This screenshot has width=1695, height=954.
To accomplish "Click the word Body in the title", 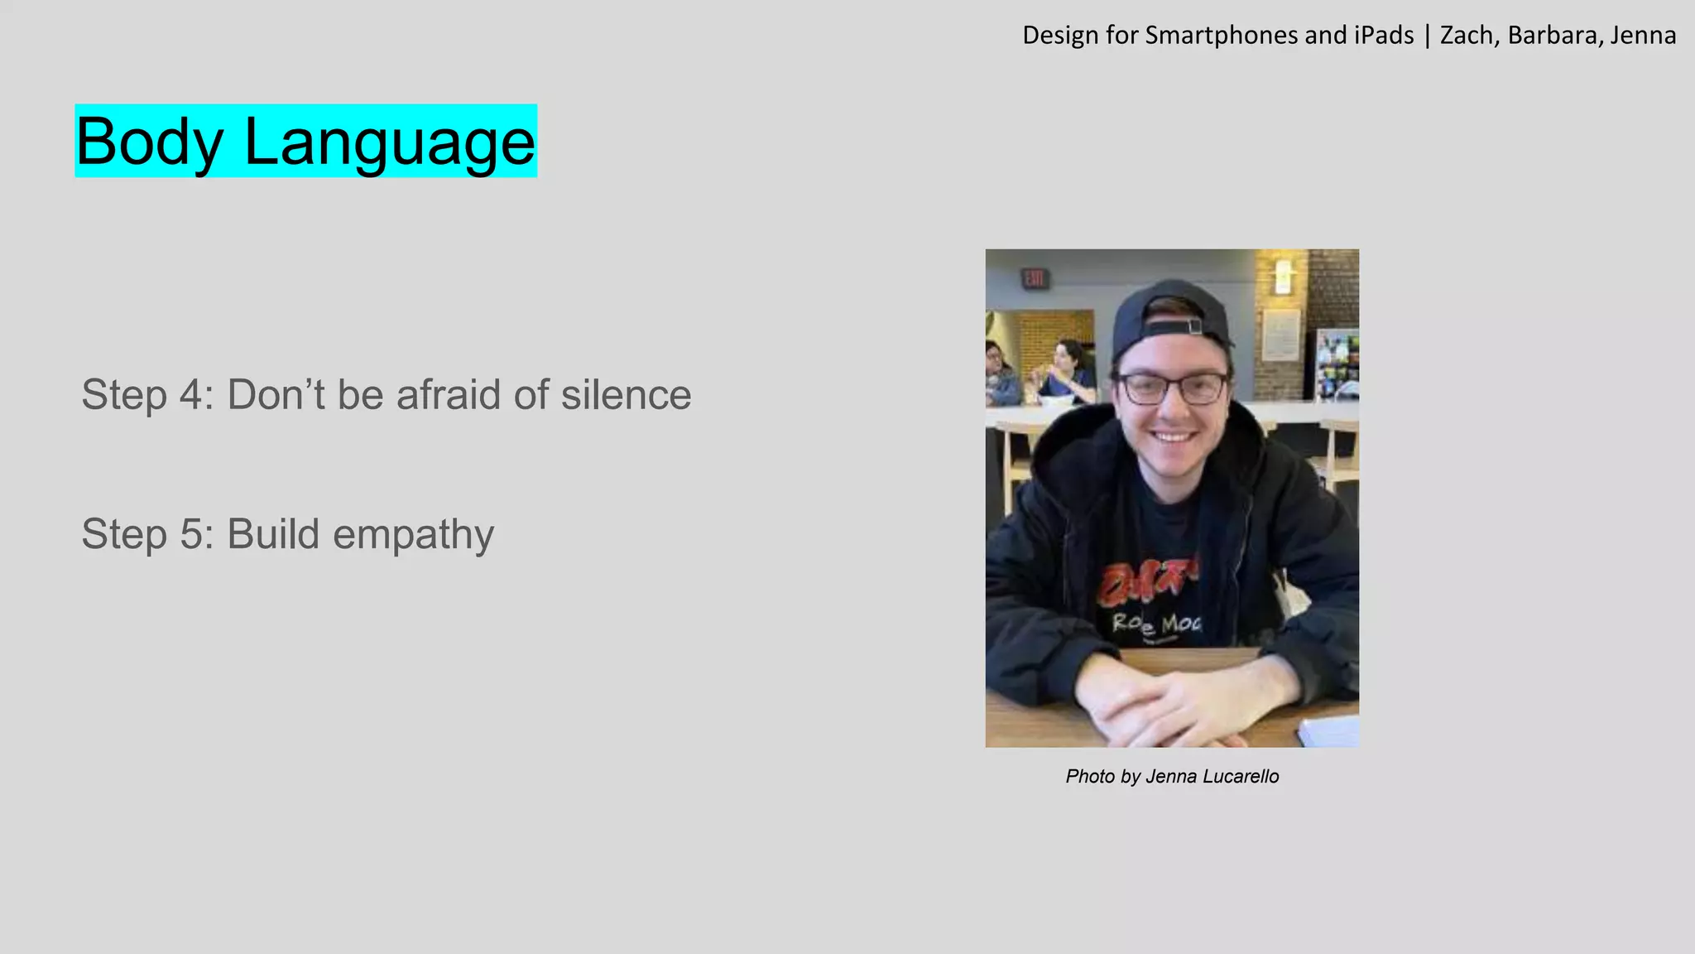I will pos(150,142).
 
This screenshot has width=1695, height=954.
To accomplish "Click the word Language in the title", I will pos(389,142).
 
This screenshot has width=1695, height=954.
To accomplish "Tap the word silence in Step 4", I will pos(626,394).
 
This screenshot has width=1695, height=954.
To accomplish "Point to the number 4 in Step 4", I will pos(191,394).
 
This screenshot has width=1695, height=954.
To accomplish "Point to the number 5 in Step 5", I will pos(191,534).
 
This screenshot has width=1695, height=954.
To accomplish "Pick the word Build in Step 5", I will pos(273,534).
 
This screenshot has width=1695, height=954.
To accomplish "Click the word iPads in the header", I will pos(1384,36).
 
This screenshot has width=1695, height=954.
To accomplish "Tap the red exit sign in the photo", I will pos(1034,278).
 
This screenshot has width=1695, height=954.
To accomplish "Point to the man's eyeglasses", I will pos(1173,388).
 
